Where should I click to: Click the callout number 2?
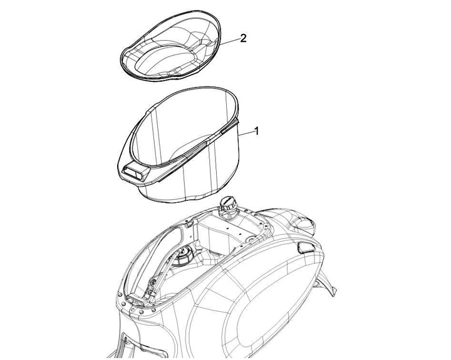(x=243, y=38)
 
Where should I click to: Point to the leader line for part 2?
(x=229, y=41)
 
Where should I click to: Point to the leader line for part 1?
(x=245, y=133)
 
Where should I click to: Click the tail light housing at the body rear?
(x=303, y=223)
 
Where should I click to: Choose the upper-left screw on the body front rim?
(x=120, y=294)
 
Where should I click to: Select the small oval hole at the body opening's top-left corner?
(x=189, y=224)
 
